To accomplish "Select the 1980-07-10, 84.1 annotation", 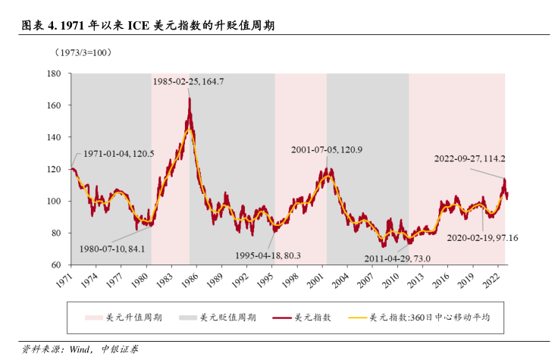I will pyautogui.click(x=112, y=248).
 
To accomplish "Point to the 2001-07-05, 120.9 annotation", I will pyautogui.click(x=327, y=150).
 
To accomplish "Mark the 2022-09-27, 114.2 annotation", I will pyautogui.click(x=469, y=159).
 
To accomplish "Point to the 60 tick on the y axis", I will pyautogui.click(x=55, y=265).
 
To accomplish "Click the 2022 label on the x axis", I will pyautogui.click(x=491, y=280).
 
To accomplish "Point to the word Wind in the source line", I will pyautogui.click(x=80, y=349).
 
